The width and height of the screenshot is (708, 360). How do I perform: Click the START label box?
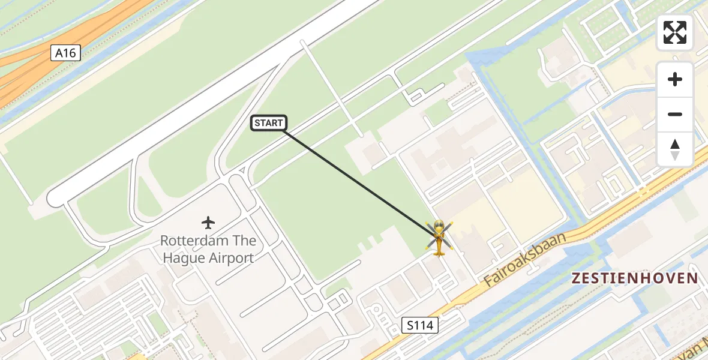coord(268,123)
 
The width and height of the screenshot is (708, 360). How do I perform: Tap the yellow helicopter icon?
coord(439,238)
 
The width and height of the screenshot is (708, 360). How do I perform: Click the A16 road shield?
coord(65,53)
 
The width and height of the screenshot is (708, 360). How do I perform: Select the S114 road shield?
coord(420,326)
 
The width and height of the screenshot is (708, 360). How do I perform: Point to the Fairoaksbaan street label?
coord(524,259)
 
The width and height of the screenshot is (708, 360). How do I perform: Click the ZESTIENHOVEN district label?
coord(635,278)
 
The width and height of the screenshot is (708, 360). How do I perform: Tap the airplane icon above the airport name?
coord(208,223)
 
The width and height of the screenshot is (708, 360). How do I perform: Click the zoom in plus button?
coord(675,79)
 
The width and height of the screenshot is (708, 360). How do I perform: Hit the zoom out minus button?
coord(675,114)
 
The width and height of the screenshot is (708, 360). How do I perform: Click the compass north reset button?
coord(675,149)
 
